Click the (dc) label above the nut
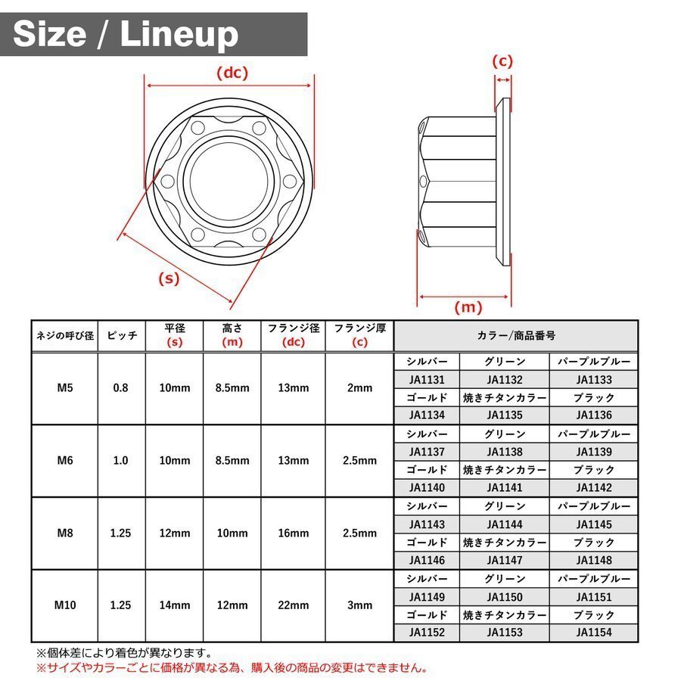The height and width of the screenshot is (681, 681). click(232, 73)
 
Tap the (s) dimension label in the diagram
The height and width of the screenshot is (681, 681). click(169, 278)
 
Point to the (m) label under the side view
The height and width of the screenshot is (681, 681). click(468, 307)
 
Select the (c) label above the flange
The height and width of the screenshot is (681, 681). click(502, 61)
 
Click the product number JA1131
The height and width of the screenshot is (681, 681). click(427, 380)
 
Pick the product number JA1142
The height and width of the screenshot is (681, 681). click(594, 487)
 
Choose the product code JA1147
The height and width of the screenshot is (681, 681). click(504, 560)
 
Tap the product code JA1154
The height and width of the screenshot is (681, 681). click(594, 632)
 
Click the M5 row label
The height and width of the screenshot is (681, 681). click(65, 387)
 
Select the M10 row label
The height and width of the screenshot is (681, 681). click(65, 605)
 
